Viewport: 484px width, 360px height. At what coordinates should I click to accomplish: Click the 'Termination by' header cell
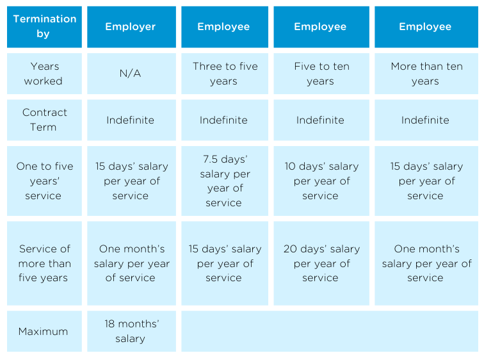point(44,26)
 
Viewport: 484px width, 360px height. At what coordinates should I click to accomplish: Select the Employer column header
point(131,26)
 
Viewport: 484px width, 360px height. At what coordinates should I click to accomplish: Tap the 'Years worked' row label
point(44,74)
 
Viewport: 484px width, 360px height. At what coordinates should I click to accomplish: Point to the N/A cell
point(131,74)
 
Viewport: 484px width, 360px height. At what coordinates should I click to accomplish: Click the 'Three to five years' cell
point(223,74)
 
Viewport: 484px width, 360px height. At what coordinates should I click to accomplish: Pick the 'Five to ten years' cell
point(320,74)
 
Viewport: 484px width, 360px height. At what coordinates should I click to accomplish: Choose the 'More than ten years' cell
point(425,74)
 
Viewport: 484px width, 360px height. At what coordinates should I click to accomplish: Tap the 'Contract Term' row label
point(44,120)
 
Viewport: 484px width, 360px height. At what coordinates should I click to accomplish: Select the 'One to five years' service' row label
point(44,181)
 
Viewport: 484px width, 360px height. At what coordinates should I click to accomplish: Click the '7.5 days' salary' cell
point(223,181)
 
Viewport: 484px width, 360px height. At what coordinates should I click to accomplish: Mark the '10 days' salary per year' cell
point(320,181)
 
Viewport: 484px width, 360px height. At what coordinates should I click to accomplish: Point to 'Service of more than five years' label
point(44,263)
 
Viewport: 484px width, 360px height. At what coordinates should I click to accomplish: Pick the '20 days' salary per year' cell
point(320,263)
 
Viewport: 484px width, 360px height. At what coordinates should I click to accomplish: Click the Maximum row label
point(44,331)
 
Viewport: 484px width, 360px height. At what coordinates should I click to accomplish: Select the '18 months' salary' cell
point(131,331)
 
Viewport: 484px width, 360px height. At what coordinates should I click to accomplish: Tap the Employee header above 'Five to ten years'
point(320,26)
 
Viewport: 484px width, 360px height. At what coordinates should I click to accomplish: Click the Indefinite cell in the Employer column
point(131,120)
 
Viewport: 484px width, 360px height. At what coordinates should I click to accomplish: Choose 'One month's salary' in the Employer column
point(131,263)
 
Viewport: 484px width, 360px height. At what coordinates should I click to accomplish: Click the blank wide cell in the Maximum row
point(329,331)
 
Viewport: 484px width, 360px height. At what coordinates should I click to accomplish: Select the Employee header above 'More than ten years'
point(425,26)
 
